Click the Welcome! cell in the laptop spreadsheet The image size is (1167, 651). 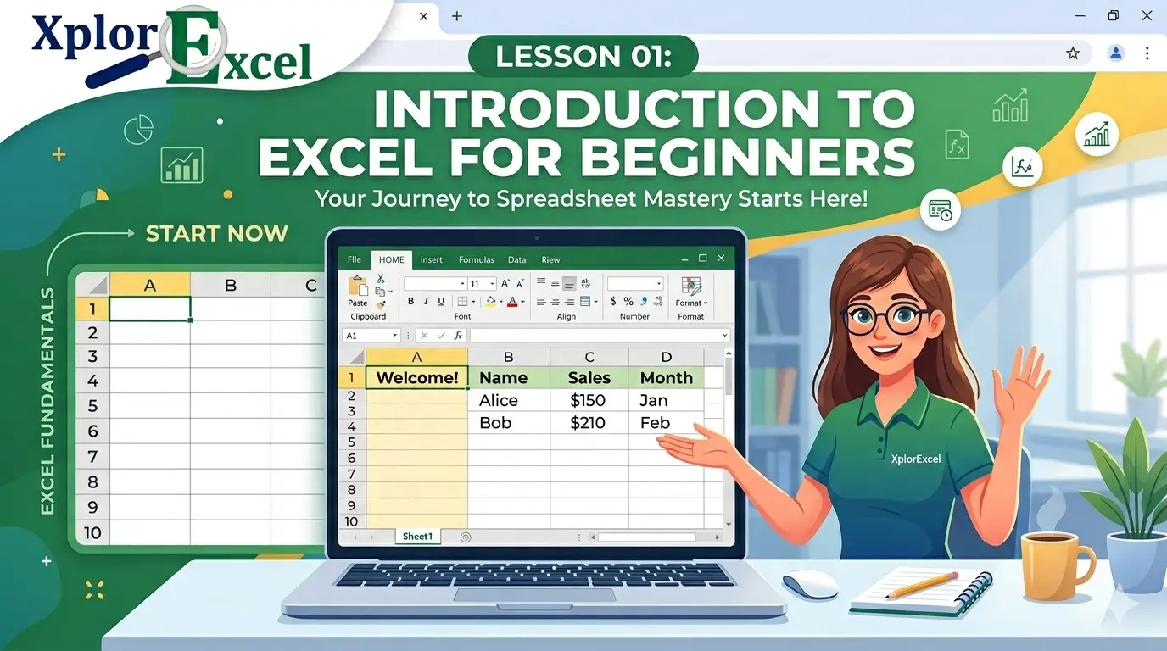point(416,378)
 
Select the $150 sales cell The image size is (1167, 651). point(589,400)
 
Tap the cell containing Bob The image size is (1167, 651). point(495,422)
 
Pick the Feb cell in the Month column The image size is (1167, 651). point(655,422)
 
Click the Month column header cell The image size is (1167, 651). point(666,378)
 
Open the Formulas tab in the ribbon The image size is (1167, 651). point(476,260)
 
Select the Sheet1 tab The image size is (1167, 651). point(417,537)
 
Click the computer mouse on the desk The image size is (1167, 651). point(809,584)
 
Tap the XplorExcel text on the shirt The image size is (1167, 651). point(916,459)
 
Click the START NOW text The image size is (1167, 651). point(216,234)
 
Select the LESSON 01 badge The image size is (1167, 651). point(583,57)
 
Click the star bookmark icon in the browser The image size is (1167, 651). point(1073,53)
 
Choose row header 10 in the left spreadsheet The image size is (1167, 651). point(92,533)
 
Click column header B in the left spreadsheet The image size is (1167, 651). point(230,286)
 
